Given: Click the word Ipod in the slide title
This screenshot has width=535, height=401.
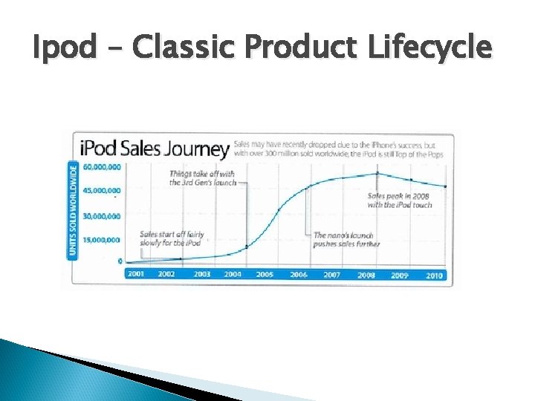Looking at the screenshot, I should pos(65,48).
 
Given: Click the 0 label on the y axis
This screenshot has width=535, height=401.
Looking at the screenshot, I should pos(119,261).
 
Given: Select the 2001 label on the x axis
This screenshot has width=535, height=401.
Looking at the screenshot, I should pos(137,275).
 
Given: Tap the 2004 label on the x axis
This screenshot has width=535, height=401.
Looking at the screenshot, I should pos(233,275).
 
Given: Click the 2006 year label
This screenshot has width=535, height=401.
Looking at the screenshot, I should pos(299,275).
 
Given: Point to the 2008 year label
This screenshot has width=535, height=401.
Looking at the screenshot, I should pos(366,275).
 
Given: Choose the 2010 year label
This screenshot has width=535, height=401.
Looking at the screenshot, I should pos(435,275).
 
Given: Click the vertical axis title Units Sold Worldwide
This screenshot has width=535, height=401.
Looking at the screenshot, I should pos(74,209).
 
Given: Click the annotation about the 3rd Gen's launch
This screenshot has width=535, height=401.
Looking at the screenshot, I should pos(202,177).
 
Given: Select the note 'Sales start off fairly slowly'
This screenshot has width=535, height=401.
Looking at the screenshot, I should pos(172,239).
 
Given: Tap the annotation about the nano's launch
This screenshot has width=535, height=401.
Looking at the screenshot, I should pos(346,239).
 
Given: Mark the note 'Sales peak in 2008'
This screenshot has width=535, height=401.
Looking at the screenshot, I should pos(400,200).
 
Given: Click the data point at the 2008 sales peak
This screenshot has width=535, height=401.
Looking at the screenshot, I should pos(377,173).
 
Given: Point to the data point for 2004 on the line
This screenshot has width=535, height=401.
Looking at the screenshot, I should pos(246,247).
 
